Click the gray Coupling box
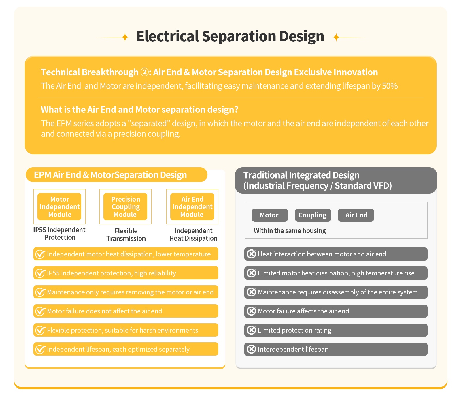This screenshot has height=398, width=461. coord(313,215)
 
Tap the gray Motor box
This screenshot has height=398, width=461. coord(269,215)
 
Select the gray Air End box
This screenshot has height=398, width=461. coord(356,215)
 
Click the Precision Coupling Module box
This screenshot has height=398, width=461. coord(125,207)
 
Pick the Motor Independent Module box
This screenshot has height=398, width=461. coord(59,207)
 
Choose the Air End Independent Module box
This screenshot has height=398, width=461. coord(192,207)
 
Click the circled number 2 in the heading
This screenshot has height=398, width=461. coord(144,72)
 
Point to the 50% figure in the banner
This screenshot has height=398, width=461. coord(390,86)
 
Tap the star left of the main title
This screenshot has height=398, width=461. coord(125,37)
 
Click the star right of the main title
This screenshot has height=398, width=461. coord(336,37)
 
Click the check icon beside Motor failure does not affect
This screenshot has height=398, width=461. coord(40,311)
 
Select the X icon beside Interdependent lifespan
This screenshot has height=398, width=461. coord(251,349)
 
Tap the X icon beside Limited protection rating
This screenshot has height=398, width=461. coord(251,330)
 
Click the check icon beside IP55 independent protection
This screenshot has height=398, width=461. coord(40,273)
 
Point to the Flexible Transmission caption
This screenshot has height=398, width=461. coord(126,235)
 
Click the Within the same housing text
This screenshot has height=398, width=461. coord(290,231)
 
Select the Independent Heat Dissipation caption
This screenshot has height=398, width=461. coord(193,234)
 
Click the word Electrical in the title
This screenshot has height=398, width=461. coord(167,36)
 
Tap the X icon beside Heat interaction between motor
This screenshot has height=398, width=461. coord(251,254)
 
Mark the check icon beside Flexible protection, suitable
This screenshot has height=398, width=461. coord(40,330)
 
